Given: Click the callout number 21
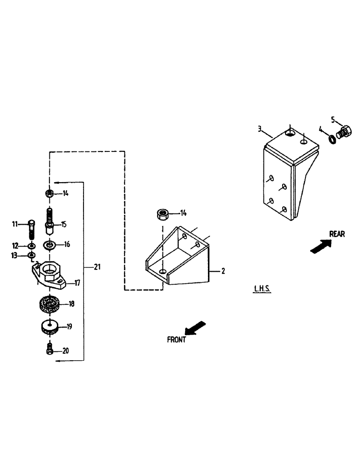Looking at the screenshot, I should (97, 267).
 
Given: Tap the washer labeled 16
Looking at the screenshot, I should (49, 244).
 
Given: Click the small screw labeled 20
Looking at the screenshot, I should (48, 350).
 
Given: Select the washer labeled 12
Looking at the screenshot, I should (31, 246).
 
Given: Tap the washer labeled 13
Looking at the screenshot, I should (31, 255).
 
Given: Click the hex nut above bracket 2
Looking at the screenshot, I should (162, 214).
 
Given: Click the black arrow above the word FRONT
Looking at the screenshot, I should (196, 327).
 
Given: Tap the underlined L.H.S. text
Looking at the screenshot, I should (262, 289).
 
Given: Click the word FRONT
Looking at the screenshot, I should (176, 340).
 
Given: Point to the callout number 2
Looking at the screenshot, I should (223, 271).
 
